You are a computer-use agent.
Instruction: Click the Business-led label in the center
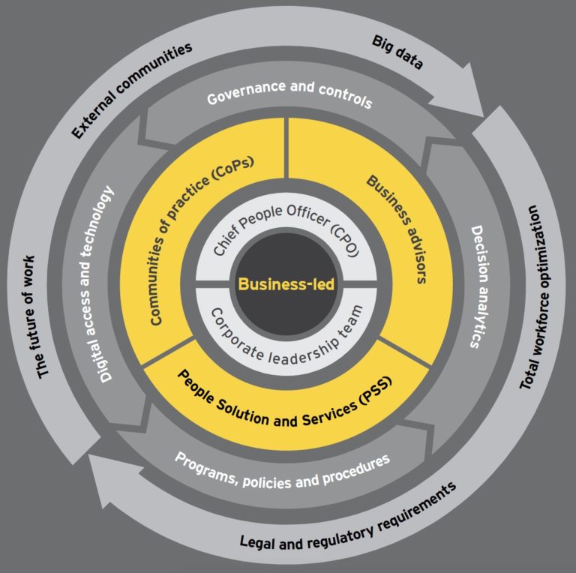click(286, 284)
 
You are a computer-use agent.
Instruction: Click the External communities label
click(132, 89)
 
